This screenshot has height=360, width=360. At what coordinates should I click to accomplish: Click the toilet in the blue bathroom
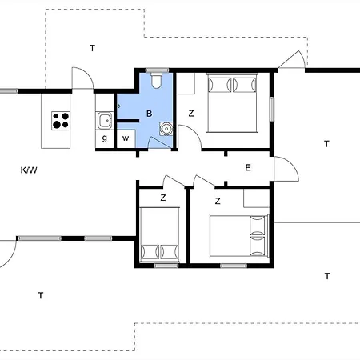coord(156,80)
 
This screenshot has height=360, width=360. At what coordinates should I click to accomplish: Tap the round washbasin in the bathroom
coord(166,129)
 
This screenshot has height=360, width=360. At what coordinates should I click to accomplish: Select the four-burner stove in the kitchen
coord(61,121)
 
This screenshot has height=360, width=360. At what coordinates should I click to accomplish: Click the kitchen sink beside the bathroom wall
coord(105,121)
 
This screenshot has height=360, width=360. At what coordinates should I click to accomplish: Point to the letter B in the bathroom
coord(150,114)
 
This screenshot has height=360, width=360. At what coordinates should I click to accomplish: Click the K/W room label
coord(29,170)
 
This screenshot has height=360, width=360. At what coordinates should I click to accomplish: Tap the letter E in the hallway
coord(248,168)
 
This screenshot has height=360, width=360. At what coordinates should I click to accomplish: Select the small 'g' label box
coord(105,138)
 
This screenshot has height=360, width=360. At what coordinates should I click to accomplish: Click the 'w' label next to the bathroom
coord(126,138)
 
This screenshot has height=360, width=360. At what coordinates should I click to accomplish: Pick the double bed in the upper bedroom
coord(232,102)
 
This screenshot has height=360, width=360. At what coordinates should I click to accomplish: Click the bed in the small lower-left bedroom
coord(160,234)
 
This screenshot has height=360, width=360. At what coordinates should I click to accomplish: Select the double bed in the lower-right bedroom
coord(239,236)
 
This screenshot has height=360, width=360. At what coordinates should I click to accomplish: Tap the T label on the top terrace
coord(92,48)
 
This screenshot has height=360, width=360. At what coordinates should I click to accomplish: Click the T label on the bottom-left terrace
coord(41,295)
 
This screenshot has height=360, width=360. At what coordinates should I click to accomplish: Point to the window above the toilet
coord(157,70)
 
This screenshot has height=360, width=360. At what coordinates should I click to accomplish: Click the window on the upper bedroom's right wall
coord(272,110)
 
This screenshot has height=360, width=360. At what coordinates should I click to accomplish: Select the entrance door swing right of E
coord(286,169)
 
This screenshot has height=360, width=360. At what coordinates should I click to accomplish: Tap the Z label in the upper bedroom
coord(191,114)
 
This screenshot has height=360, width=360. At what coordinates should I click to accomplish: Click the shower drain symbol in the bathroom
coord(119,106)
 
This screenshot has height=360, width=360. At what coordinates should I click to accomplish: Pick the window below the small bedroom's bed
coord(166,266)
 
